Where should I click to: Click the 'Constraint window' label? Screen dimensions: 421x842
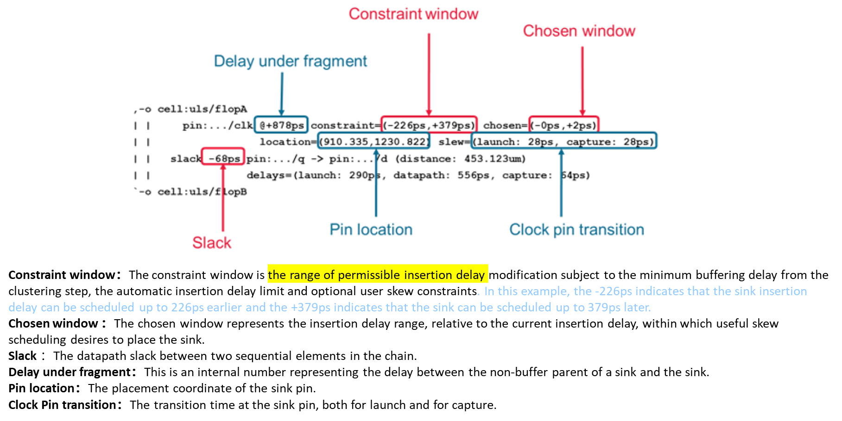click(413, 14)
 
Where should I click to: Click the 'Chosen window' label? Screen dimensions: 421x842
click(579, 31)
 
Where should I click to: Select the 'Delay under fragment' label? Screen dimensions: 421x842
click(290, 61)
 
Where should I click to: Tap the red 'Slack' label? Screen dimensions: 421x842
click(212, 242)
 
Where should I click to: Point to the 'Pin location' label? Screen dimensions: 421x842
click(371, 229)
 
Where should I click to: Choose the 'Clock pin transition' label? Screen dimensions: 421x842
click(576, 229)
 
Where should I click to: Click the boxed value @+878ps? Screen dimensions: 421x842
click(281, 125)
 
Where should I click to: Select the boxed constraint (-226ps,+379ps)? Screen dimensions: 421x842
click(429, 125)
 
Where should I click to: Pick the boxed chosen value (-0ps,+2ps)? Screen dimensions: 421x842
click(564, 125)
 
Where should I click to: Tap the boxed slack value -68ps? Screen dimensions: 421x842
click(223, 159)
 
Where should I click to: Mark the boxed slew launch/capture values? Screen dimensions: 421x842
click(564, 142)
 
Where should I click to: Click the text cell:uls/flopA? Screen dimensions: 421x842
click(202, 109)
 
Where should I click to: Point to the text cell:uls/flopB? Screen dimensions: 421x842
click(202, 192)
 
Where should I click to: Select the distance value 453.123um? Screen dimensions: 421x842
click(494, 159)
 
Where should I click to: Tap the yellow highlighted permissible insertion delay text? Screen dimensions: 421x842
click(377, 274)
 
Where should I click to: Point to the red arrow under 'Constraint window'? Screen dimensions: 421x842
click(429, 74)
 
